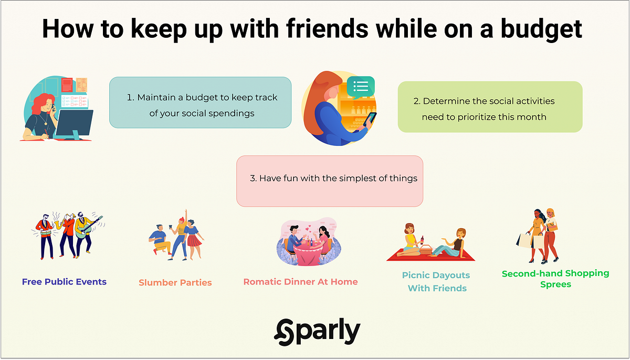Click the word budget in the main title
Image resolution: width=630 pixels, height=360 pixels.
click(541, 29)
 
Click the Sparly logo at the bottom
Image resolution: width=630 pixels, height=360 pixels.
click(317, 332)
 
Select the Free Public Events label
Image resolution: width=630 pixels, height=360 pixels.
click(64, 282)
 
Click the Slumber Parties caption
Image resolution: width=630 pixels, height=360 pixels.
click(175, 282)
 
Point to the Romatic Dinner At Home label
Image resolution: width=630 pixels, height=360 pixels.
click(300, 282)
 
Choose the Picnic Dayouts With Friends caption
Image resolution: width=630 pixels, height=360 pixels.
click(436, 282)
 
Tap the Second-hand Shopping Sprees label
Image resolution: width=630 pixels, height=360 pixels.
click(555, 279)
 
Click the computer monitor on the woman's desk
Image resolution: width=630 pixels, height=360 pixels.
click(74, 124)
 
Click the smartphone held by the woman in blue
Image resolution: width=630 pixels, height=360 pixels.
click(370, 119)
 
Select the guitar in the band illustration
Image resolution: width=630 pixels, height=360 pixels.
click(88, 228)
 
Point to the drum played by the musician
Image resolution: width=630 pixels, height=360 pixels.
click(46, 233)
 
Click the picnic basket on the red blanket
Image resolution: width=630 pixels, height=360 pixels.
click(426, 249)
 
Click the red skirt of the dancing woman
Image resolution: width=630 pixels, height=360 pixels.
click(194, 240)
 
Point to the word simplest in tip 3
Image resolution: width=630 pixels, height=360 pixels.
click(358, 178)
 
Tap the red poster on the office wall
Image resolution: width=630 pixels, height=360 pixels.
click(67, 85)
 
